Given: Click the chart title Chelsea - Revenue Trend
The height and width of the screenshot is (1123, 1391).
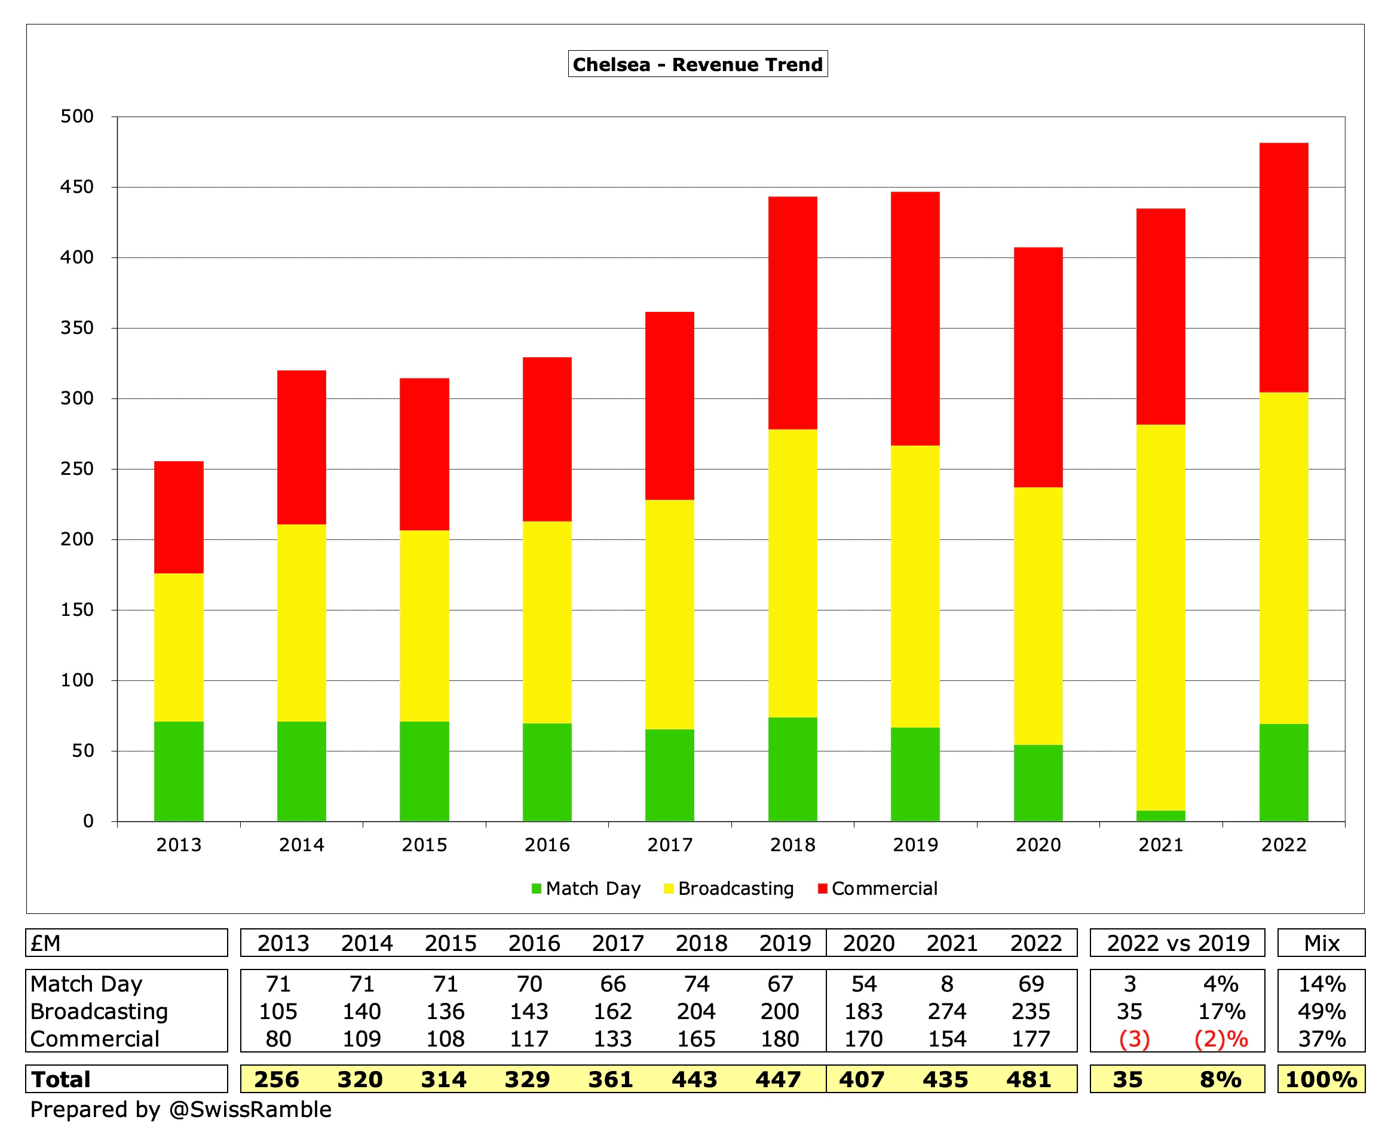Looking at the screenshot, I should pos(697,64).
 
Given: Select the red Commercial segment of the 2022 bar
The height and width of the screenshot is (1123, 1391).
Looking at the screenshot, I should pos(1283,267).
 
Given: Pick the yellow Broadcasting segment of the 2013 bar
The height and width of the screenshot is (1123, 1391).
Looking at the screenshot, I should pos(179,647).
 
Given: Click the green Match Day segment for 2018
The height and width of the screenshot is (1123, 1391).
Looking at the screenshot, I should pos(792,769).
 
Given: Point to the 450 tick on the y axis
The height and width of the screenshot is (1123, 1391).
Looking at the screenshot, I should pos(77,187).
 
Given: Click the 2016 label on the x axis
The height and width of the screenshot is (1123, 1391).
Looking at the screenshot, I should pos(547,845).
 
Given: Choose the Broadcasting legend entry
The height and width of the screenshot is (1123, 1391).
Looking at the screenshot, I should pos(734,888).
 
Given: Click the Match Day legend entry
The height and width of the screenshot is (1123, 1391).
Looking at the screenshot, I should pos(592,888).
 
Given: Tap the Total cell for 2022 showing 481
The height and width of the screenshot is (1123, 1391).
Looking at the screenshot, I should pos(1028,1079).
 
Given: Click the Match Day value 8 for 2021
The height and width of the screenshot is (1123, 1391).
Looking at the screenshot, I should pos(946,984).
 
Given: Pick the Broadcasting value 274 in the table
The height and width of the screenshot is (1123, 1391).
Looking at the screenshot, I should pos(946,1011).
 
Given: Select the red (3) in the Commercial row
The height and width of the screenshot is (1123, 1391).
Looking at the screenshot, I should pos(1133,1039).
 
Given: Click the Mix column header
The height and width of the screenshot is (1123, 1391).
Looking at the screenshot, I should pos(1321,943).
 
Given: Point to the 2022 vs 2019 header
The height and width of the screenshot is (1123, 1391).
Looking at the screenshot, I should pos(1178,943).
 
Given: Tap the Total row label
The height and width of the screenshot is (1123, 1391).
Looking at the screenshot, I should pos(62,1079).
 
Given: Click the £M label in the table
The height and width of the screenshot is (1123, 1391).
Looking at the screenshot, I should pos(45,943).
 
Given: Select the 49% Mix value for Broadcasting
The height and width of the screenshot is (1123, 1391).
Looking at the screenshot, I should pos(1321,1011).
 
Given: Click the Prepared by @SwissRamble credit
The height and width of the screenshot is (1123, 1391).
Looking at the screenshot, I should pos(180,1109).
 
